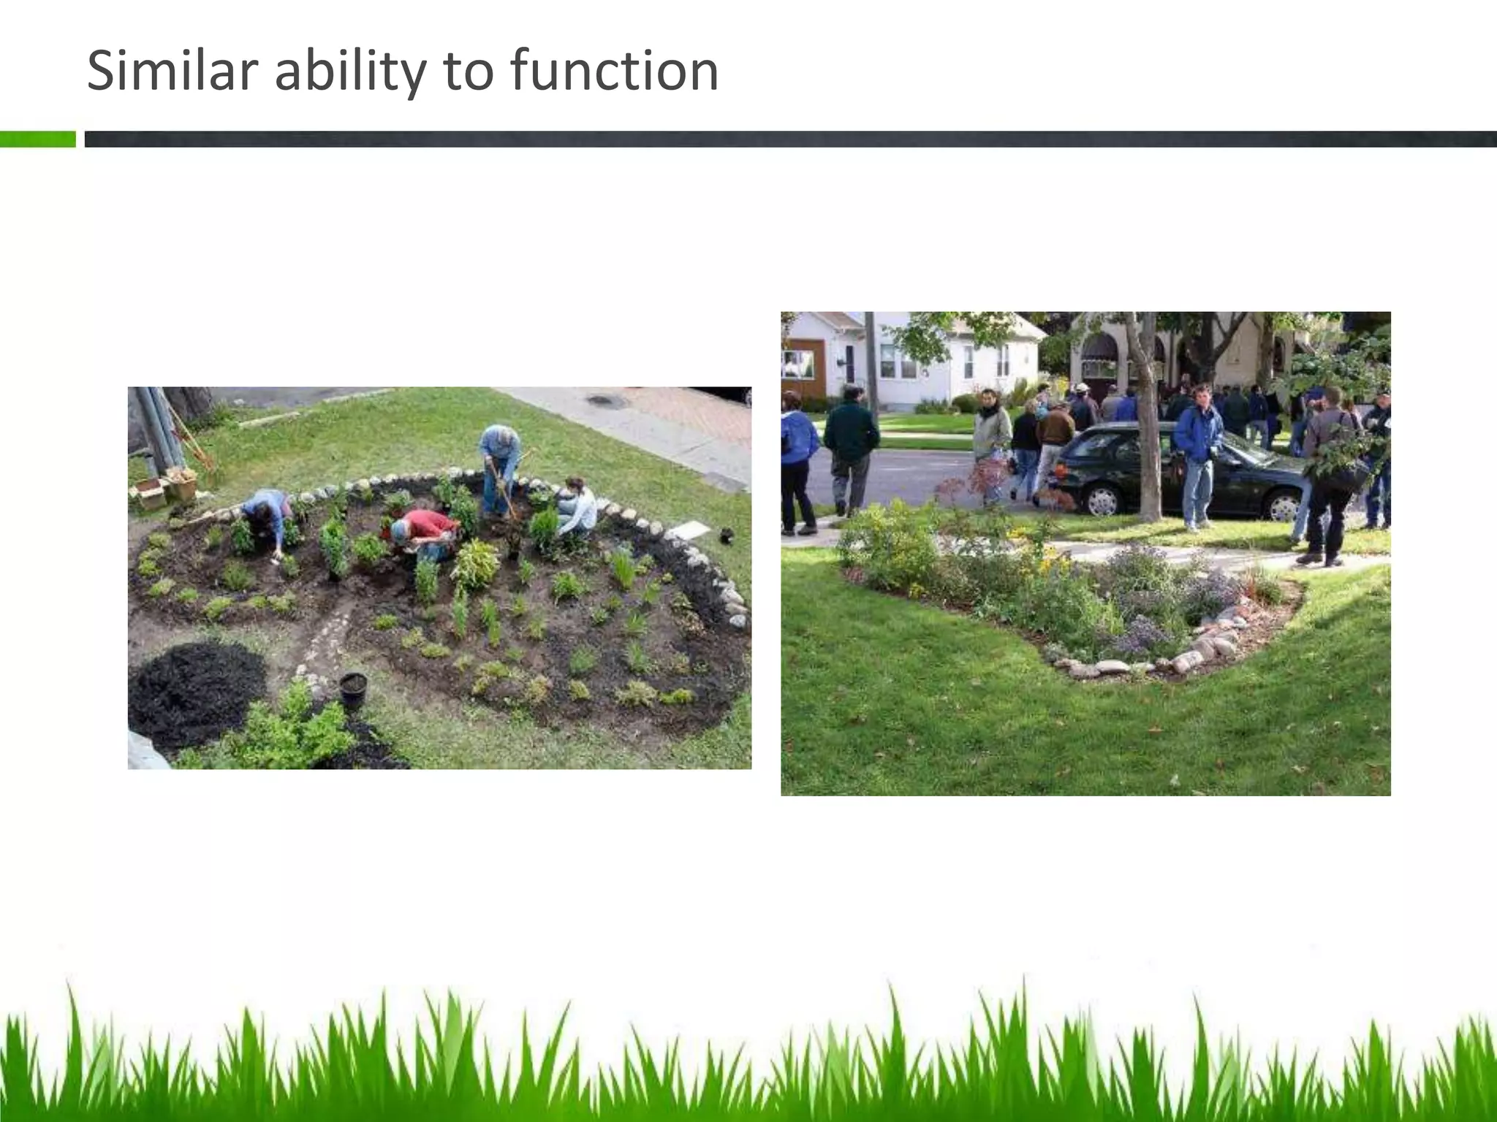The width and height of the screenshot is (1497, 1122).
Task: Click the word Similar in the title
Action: pos(173,71)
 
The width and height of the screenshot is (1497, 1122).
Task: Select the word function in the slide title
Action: pos(614,71)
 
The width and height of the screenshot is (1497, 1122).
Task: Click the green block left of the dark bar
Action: pos(37,139)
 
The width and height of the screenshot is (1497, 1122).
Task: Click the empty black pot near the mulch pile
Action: pos(353,690)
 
